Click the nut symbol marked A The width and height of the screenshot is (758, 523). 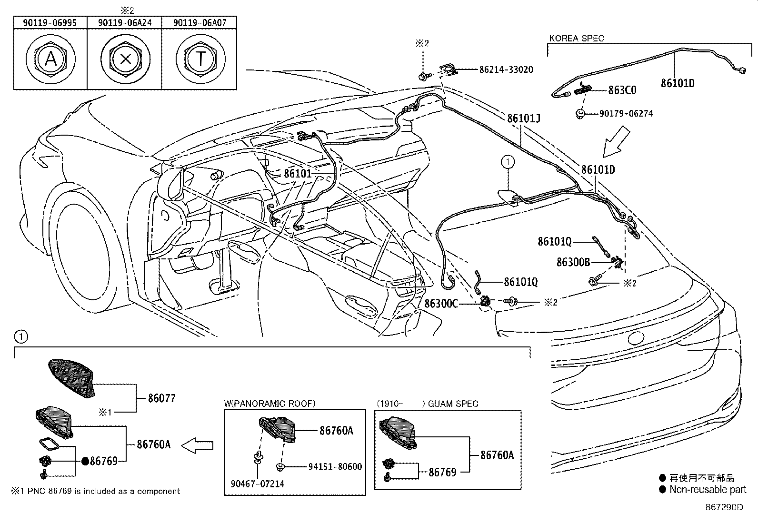[x=50, y=59]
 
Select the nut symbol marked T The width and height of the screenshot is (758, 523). [x=200, y=59]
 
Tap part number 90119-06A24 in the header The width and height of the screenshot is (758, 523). [x=124, y=22]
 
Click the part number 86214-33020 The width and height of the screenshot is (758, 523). [x=506, y=69]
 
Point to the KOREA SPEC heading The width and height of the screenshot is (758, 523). [x=577, y=38]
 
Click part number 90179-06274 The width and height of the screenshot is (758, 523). [x=626, y=114]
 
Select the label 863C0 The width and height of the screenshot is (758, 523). [x=622, y=90]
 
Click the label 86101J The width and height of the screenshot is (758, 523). [x=523, y=118]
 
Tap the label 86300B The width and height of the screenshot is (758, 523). [x=573, y=262]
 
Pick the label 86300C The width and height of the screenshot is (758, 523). [x=441, y=303]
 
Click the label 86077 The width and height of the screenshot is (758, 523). [x=162, y=398]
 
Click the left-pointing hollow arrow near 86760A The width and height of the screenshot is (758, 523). [x=198, y=445]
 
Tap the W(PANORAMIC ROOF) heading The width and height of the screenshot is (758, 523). [x=269, y=404]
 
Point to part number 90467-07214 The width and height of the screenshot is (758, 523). [x=258, y=484]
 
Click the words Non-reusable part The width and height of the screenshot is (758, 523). [x=708, y=490]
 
